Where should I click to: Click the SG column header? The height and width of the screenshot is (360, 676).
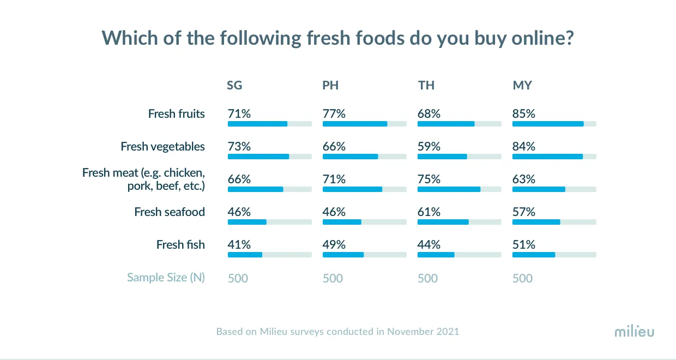click(234, 86)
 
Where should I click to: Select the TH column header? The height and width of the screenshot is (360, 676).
click(426, 86)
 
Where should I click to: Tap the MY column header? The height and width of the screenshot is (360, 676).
click(522, 86)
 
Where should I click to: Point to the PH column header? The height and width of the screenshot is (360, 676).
click(330, 86)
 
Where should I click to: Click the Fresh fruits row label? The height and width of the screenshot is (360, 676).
click(177, 114)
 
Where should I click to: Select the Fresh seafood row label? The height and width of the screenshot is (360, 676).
click(170, 212)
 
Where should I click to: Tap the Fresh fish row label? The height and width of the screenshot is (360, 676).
click(180, 245)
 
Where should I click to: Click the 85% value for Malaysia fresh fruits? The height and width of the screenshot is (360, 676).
click(524, 114)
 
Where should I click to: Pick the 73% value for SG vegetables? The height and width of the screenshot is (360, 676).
click(239, 147)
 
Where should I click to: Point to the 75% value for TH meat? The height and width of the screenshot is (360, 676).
click(429, 179)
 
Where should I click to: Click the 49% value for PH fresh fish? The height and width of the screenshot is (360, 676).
click(334, 245)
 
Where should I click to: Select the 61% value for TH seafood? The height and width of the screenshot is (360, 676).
click(429, 212)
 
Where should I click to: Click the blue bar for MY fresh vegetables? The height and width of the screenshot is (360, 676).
click(547, 157)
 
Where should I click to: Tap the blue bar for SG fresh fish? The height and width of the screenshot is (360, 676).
click(245, 255)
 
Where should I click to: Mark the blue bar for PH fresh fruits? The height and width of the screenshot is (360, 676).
click(355, 124)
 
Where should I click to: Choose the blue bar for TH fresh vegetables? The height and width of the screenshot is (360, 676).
click(442, 157)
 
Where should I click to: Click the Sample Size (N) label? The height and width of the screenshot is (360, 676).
click(166, 278)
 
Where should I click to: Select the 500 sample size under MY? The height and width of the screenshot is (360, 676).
click(522, 279)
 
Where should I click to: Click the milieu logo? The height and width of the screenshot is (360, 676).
click(634, 332)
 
